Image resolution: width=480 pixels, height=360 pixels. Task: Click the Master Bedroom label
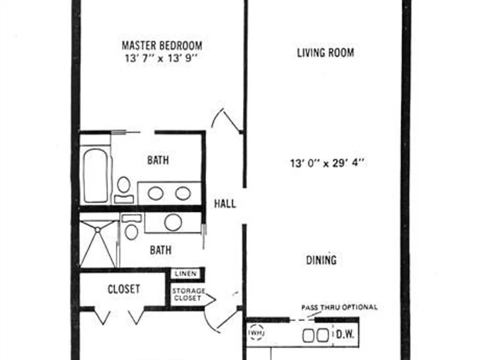[162, 46]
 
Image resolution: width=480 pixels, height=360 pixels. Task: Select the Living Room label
[326, 53]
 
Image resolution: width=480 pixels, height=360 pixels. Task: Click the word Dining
[322, 260]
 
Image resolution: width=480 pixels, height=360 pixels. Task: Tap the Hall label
[225, 204]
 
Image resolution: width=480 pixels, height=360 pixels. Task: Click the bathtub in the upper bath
[96, 175]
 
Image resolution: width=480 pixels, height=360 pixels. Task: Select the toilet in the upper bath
[124, 190]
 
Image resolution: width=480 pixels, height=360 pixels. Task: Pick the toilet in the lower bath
[132, 227]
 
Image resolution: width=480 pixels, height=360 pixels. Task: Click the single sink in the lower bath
[173, 222]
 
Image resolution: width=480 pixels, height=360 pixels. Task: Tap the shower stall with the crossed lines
[98, 243]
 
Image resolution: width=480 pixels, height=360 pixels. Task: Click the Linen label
[185, 274]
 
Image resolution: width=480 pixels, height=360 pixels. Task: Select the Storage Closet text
[188, 294]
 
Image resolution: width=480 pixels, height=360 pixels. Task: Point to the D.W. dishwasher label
[345, 334]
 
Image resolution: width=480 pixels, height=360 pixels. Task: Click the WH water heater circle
[256, 333]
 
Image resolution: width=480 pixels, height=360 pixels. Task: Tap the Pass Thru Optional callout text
[339, 307]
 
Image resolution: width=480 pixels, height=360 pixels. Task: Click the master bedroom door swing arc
[216, 116]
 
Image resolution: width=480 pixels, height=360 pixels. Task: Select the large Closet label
[124, 289]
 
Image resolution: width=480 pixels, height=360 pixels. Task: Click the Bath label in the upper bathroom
[158, 160]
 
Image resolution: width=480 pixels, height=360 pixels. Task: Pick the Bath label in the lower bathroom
[160, 250]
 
